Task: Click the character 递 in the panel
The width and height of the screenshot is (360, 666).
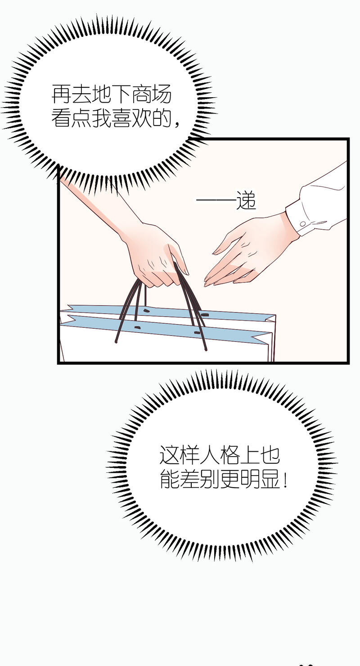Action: coord(246,202)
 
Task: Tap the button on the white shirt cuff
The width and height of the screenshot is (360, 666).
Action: coord(302,224)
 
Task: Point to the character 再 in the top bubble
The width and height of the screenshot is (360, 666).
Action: coord(62,94)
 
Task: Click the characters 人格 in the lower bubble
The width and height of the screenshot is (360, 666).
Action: coord(220,455)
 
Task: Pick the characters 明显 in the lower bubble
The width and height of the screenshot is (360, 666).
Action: coord(260,480)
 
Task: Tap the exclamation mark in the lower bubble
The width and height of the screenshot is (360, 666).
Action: coord(285,480)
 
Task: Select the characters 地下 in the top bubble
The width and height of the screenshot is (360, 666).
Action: coord(112,94)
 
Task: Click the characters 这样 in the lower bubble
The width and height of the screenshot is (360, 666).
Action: coord(180,455)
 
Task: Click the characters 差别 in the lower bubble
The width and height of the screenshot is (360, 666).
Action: coord(200,480)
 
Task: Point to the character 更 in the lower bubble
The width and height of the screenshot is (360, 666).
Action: coord(229,480)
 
